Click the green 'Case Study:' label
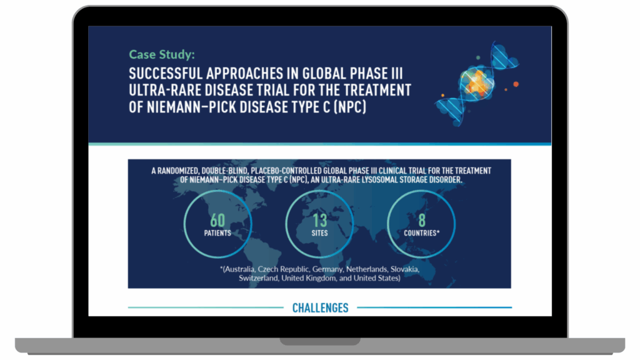(162, 54)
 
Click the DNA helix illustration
(477, 84)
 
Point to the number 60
(217, 221)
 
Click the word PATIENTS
(217, 233)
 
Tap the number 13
(320, 221)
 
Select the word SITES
(319, 233)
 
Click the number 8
(422, 221)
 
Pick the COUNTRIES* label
(422, 233)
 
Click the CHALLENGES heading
(321, 307)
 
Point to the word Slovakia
(405, 269)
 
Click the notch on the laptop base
(320, 341)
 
